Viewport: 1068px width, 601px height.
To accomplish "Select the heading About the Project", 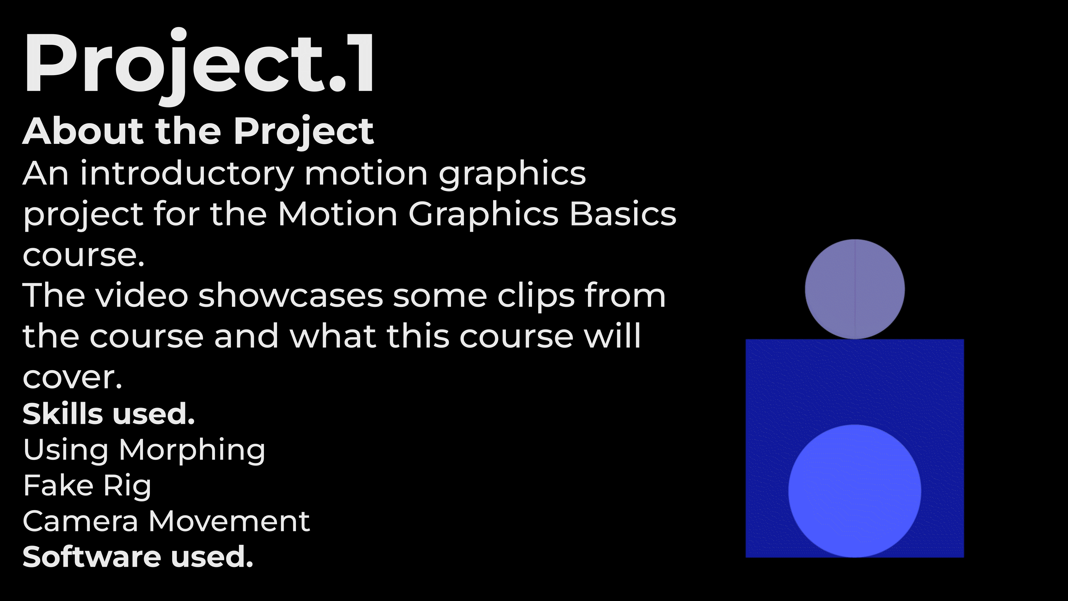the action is pos(198,132).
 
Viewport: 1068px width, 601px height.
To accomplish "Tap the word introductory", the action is pos(187,174).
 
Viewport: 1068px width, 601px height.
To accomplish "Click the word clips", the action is pos(536,297).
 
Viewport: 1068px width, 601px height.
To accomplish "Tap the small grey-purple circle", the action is pos(855,289).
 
